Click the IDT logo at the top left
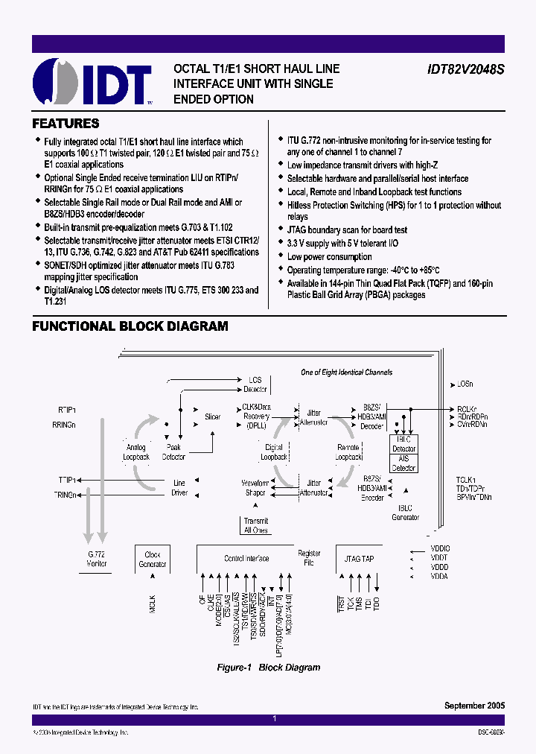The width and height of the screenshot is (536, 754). click(92, 80)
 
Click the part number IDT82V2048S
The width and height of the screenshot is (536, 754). click(465, 69)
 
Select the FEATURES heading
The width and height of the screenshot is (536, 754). click(66, 124)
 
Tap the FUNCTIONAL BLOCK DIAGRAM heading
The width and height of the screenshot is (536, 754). click(130, 326)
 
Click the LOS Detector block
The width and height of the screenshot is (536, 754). click(255, 384)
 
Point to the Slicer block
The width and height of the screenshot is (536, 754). click(213, 417)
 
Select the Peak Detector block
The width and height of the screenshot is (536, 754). click(174, 452)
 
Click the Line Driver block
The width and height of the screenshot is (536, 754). click(179, 488)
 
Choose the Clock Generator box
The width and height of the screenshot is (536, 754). click(153, 560)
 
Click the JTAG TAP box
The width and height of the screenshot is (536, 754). click(359, 558)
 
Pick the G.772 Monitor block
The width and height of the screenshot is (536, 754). click(97, 560)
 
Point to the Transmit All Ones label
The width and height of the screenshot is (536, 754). click(256, 526)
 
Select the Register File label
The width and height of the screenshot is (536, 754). click(309, 558)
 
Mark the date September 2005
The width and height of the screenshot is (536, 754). click(474, 705)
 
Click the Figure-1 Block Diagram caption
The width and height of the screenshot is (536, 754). click(268, 668)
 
